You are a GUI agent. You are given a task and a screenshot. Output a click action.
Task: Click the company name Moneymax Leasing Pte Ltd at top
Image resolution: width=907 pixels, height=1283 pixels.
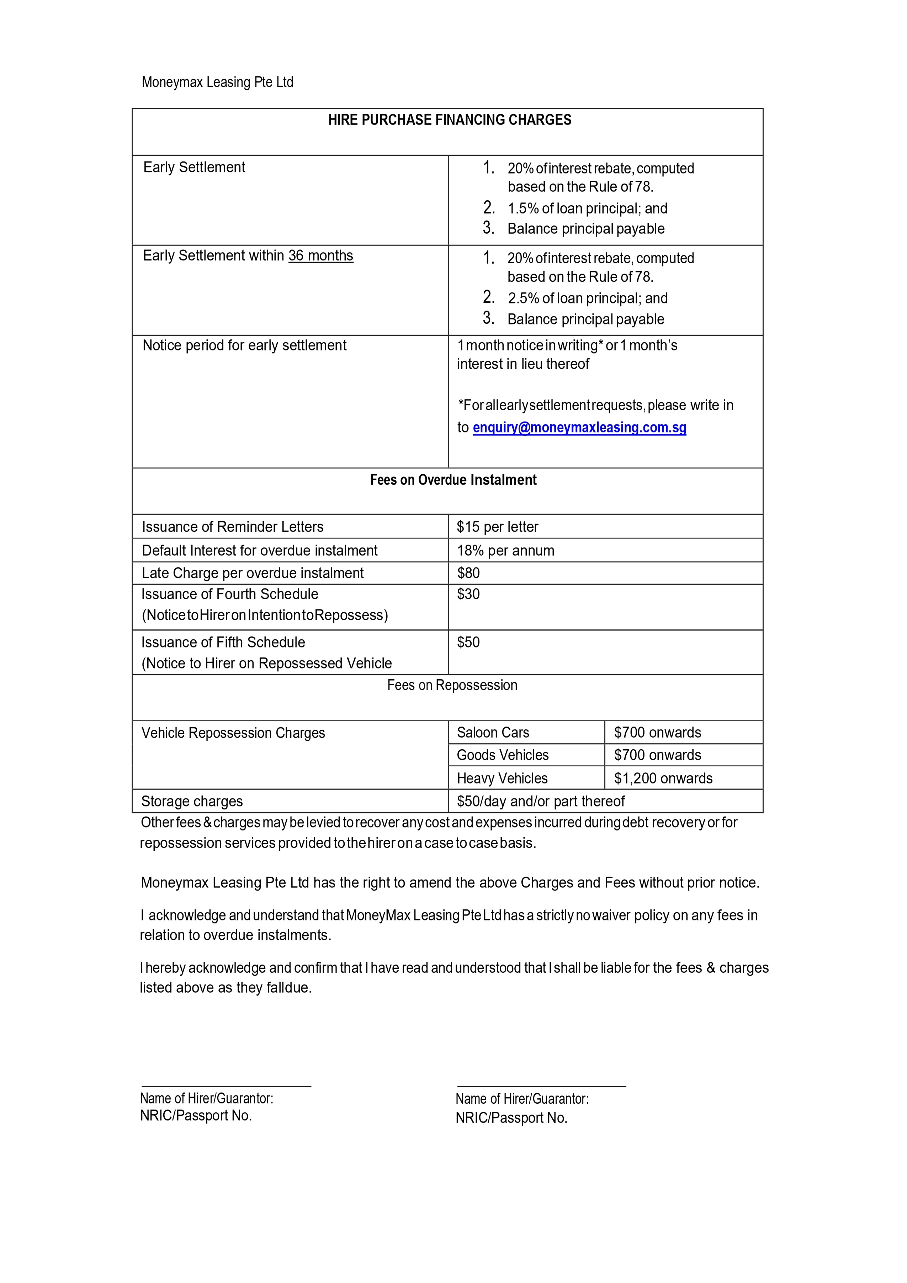click(217, 82)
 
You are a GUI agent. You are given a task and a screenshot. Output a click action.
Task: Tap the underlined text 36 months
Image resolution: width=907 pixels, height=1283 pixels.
click(320, 255)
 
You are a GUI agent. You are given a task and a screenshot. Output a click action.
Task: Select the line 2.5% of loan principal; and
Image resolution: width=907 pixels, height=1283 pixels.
click(588, 299)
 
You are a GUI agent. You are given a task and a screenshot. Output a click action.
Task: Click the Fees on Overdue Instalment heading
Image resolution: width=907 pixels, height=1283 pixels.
click(453, 480)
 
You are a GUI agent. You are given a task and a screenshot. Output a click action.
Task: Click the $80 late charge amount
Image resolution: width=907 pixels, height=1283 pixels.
click(468, 573)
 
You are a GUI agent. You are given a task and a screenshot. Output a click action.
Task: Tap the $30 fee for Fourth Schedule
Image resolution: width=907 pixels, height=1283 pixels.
click(468, 594)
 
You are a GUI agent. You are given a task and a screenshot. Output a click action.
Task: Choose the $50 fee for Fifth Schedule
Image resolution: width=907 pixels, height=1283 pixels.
click(468, 642)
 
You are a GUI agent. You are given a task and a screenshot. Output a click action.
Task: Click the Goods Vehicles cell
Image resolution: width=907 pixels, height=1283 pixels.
click(503, 755)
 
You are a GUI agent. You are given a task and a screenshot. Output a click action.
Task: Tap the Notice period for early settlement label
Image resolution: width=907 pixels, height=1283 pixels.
click(245, 345)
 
